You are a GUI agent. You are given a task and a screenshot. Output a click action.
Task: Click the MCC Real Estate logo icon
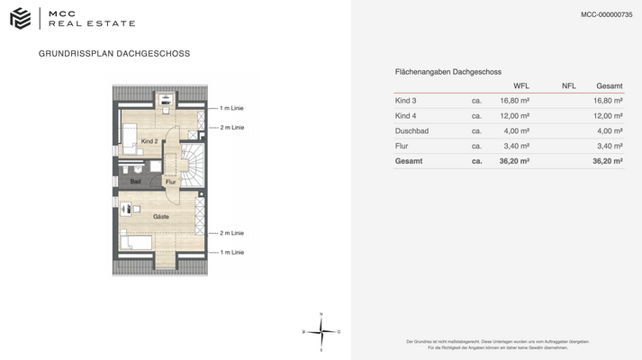20,18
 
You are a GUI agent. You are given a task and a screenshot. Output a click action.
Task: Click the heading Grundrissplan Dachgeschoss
114,54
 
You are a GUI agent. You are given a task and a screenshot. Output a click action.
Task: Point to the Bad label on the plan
135,182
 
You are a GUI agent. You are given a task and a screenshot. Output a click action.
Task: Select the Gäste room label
160,217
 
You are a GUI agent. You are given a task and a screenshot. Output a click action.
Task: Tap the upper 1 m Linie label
231,109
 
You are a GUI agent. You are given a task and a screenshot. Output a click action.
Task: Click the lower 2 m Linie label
231,233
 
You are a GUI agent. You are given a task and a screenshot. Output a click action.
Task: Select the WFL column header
520,85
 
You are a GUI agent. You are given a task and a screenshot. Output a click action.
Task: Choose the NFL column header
568,85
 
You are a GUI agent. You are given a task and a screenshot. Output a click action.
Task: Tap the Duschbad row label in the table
411,130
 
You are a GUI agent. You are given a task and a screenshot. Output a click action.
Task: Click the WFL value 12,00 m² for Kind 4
514,116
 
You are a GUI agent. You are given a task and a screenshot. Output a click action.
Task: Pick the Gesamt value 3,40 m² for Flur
610,146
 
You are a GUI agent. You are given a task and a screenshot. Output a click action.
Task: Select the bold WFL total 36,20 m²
514,161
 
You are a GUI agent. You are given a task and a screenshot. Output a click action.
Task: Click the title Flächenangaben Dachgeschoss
448,71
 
